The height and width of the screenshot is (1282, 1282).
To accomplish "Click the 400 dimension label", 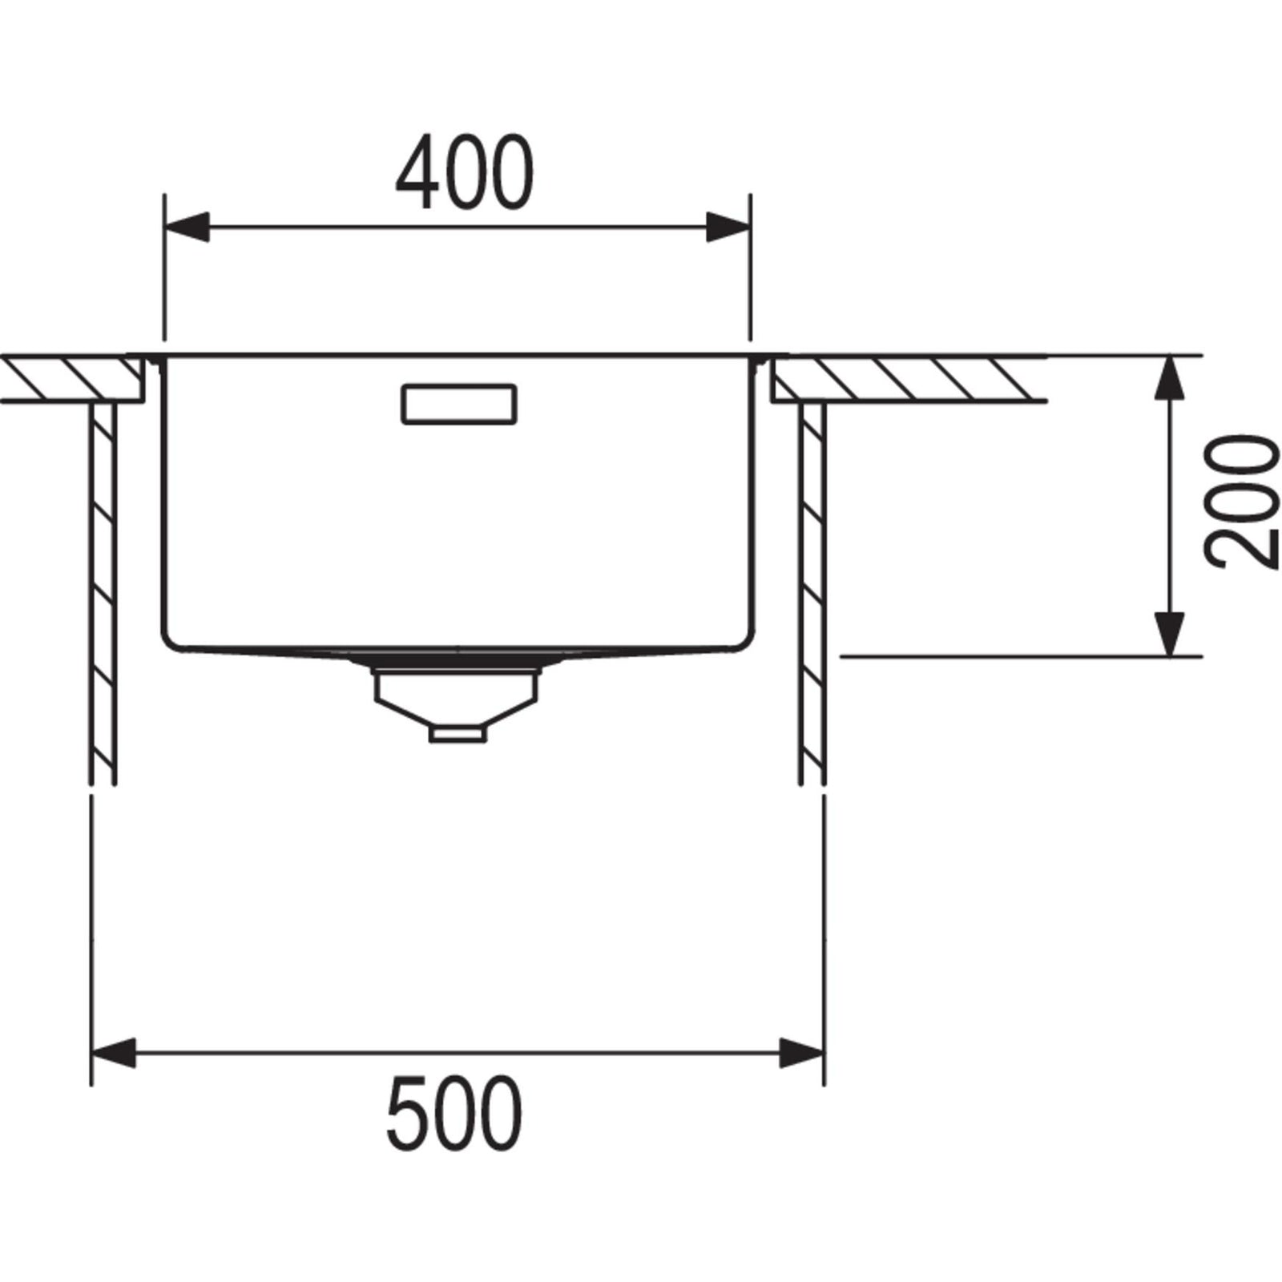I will (464, 171).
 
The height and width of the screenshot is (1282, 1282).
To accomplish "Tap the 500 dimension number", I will (454, 1114).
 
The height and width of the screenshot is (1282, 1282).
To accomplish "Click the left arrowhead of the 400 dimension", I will (186, 227).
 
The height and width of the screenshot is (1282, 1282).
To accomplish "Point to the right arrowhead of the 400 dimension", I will (728, 227).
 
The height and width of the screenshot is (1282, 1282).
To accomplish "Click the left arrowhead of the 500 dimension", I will (115, 1052).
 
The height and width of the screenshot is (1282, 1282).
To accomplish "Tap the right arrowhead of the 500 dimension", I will (802, 1052).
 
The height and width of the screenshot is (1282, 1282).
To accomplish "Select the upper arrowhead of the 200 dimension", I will (1171, 378).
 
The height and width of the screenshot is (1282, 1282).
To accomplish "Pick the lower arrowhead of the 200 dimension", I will (1171, 633).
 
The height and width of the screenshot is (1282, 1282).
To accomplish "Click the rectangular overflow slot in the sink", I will (458, 404).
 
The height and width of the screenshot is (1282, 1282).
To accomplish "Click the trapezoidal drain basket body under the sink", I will (456, 693).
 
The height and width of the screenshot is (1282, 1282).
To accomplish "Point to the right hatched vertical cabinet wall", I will (812, 593).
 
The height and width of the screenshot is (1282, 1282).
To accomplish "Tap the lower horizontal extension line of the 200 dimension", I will (1018, 655).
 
